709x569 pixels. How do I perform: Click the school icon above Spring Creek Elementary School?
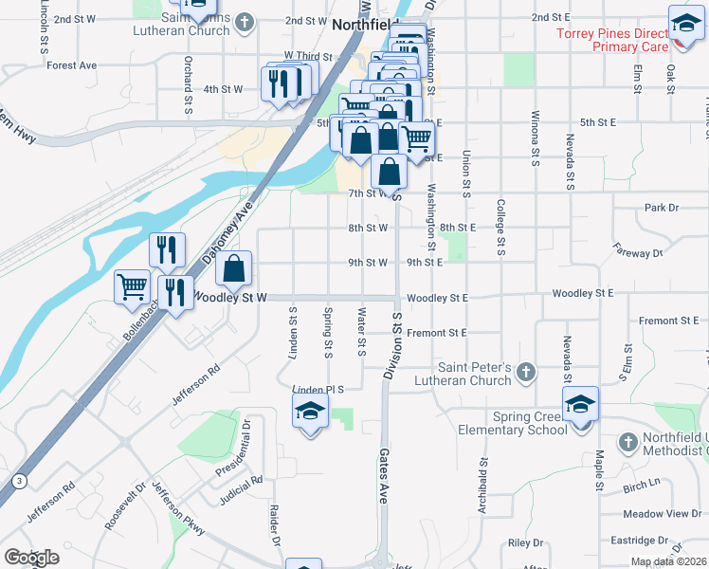pyautogui.click(x=580, y=405)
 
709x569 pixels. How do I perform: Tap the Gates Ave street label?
pyautogui.click(x=385, y=475)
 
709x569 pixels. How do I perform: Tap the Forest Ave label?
pyautogui.click(x=72, y=65)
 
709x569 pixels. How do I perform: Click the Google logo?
pyautogui.click(x=30, y=558)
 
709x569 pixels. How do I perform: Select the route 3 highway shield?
pyautogui.click(x=18, y=482)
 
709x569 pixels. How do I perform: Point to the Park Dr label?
pyautogui.click(x=662, y=207)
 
